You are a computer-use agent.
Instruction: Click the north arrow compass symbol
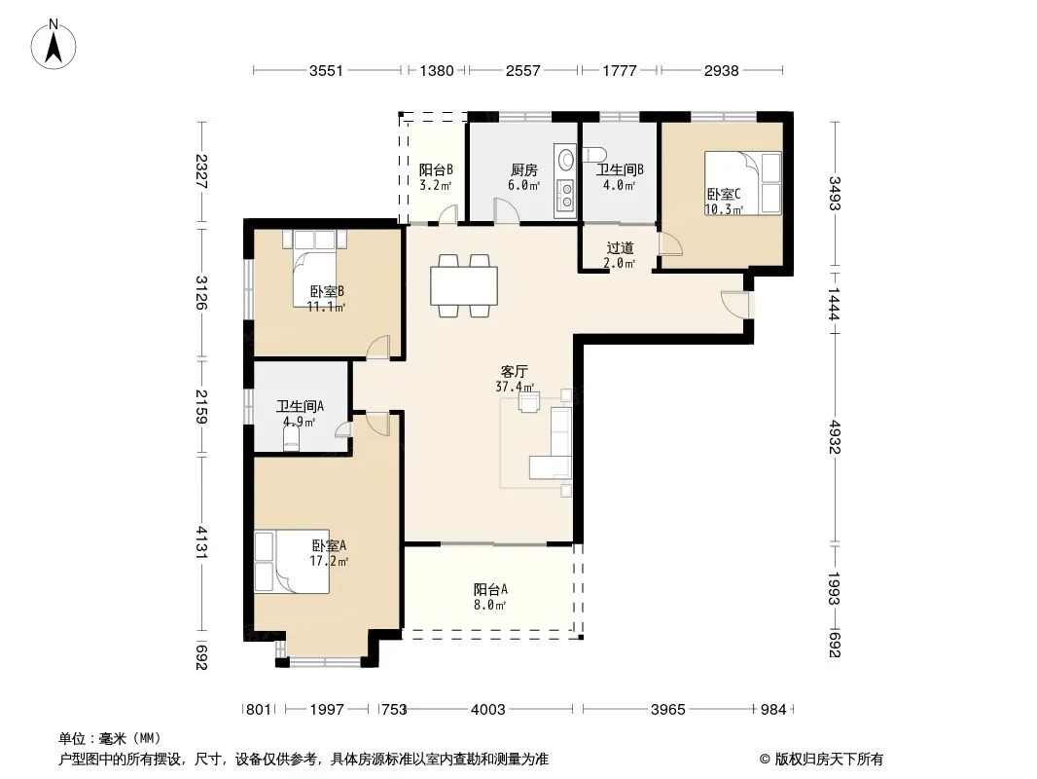(x=54, y=45)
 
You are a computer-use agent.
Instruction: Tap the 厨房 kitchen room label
(x=523, y=170)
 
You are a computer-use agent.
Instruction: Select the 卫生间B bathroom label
(x=620, y=169)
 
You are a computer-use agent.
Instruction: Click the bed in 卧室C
(x=742, y=183)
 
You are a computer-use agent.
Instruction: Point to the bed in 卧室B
(x=315, y=268)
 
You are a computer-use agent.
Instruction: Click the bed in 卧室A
(x=292, y=561)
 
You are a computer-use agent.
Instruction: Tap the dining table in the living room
(x=464, y=286)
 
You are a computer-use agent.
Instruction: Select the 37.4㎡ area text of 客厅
(x=515, y=387)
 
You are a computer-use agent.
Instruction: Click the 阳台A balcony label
(x=490, y=589)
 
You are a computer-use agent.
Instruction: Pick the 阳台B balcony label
(x=436, y=170)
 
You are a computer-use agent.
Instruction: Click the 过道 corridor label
(x=620, y=248)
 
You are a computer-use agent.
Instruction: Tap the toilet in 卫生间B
(x=594, y=154)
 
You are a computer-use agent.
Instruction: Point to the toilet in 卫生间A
(x=291, y=437)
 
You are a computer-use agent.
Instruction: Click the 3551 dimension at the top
(x=326, y=70)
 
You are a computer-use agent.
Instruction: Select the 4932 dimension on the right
(x=835, y=437)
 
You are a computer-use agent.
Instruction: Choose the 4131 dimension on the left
(x=202, y=542)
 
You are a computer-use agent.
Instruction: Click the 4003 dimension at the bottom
(x=488, y=710)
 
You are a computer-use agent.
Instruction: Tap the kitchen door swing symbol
(x=507, y=210)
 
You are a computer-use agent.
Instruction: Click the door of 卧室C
(x=671, y=243)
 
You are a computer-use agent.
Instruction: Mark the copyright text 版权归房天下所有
(x=829, y=760)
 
